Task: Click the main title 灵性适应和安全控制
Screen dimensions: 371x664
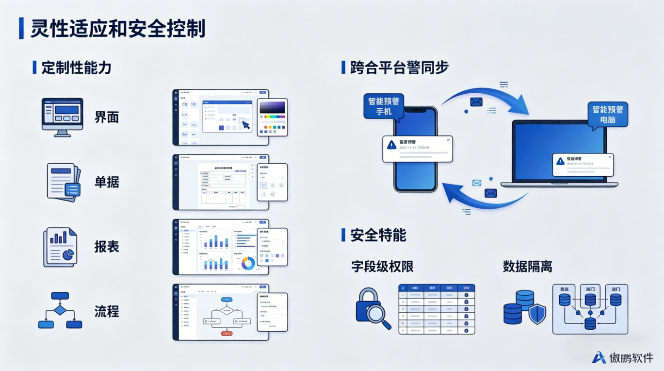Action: tap(118, 29)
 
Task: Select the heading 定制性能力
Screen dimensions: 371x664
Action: tap(76, 67)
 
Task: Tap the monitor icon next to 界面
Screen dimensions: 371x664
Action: tap(62, 117)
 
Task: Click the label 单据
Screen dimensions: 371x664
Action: tap(107, 182)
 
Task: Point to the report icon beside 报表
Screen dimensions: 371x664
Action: tap(61, 247)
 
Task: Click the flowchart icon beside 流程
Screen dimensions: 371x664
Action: tap(60, 311)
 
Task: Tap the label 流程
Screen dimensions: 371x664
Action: tap(107, 311)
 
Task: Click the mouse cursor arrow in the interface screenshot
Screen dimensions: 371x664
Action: tap(246, 125)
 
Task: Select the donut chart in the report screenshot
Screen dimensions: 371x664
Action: tap(248, 263)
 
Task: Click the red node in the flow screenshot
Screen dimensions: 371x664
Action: tap(227, 333)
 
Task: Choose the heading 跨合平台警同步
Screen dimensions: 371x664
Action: tap(399, 67)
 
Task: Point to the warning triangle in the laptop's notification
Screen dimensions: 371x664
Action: tap(561, 161)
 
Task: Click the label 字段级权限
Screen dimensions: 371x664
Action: tap(382, 267)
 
